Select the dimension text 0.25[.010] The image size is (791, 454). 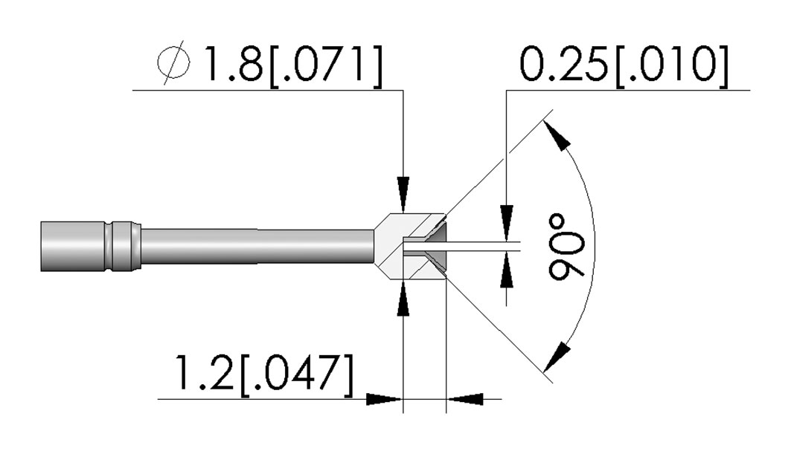(624, 65)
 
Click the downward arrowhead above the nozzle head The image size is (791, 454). (403, 195)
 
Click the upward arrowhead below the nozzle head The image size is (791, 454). (403, 299)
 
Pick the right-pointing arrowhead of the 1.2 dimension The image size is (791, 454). (385, 399)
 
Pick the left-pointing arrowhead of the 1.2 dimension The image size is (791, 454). (465, 399)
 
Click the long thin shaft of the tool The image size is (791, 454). (257, 246)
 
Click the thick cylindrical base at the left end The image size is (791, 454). (73, 246)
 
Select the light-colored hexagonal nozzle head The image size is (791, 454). (409, 246)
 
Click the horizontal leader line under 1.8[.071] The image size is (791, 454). (268, 90)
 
